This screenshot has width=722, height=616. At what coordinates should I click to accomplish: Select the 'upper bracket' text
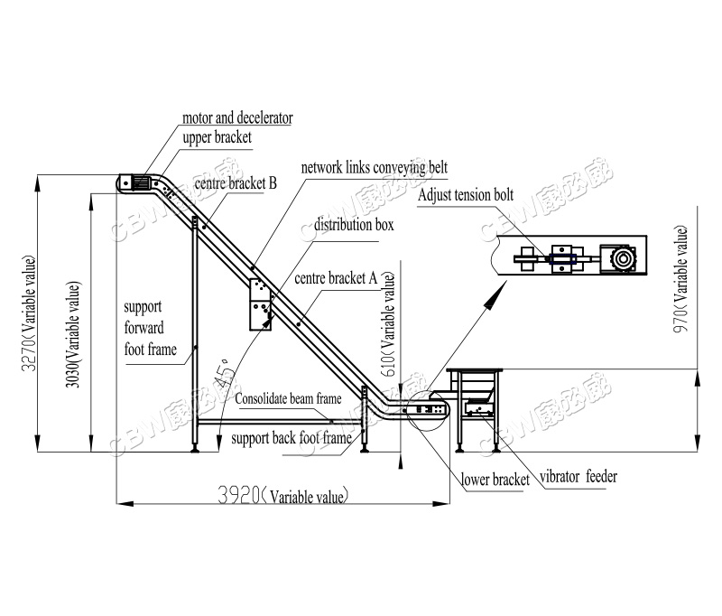click(217, 138)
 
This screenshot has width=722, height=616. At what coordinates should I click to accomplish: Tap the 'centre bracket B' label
click(234, 184)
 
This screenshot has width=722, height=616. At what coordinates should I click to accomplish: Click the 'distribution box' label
click(353, 225)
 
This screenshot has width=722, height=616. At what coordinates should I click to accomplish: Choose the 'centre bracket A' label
click(335, 279)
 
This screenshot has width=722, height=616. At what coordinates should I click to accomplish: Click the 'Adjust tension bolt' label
click(467, 196)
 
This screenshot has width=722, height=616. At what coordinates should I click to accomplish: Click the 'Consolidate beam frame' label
click(289, 398)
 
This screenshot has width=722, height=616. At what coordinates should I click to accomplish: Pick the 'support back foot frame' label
click(291, 439)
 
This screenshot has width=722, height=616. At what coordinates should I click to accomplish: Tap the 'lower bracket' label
click(495, 481)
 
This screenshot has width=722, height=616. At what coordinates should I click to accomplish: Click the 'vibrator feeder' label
click(579, 476)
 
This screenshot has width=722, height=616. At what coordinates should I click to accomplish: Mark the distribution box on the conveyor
click(260, 304)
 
